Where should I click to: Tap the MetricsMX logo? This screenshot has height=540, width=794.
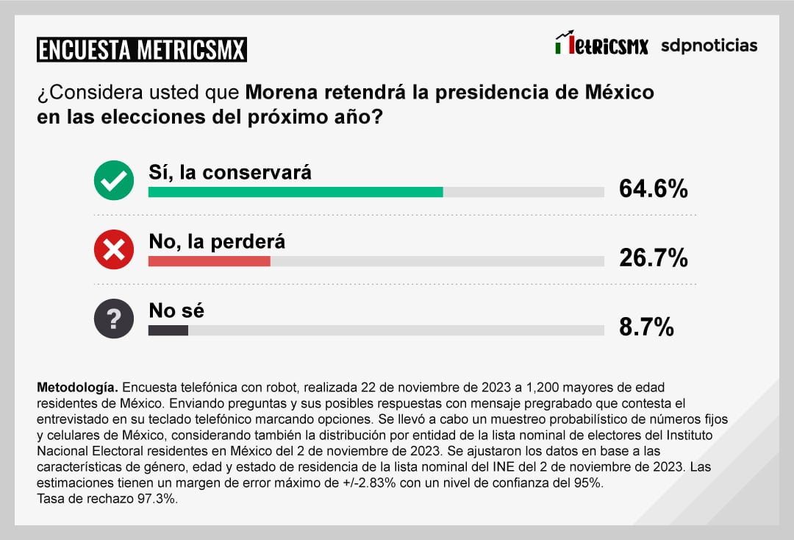[x=601, y=44]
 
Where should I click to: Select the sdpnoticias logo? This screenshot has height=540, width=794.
[x=709, y=46]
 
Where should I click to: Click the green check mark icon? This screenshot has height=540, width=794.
[x=114, y=180]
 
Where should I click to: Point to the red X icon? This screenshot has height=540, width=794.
[x=114, y=249]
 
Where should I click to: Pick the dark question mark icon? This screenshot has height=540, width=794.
[x=114, y=319]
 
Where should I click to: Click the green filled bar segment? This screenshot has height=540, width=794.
[x=296, y=192]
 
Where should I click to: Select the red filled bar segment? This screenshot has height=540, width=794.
[x=210, y=261]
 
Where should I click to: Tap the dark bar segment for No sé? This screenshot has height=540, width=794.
[x=168, y=330]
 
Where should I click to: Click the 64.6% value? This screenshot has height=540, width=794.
[x=653, y=188]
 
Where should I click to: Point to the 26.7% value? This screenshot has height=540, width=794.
[x=653, y=257]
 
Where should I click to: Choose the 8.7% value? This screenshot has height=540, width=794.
[x=646, y=327]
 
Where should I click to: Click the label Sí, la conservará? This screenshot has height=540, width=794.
[x=230, y=172]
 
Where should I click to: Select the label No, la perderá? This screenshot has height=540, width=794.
[x=217, y=241]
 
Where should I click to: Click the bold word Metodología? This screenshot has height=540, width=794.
[x=76, y=387]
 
